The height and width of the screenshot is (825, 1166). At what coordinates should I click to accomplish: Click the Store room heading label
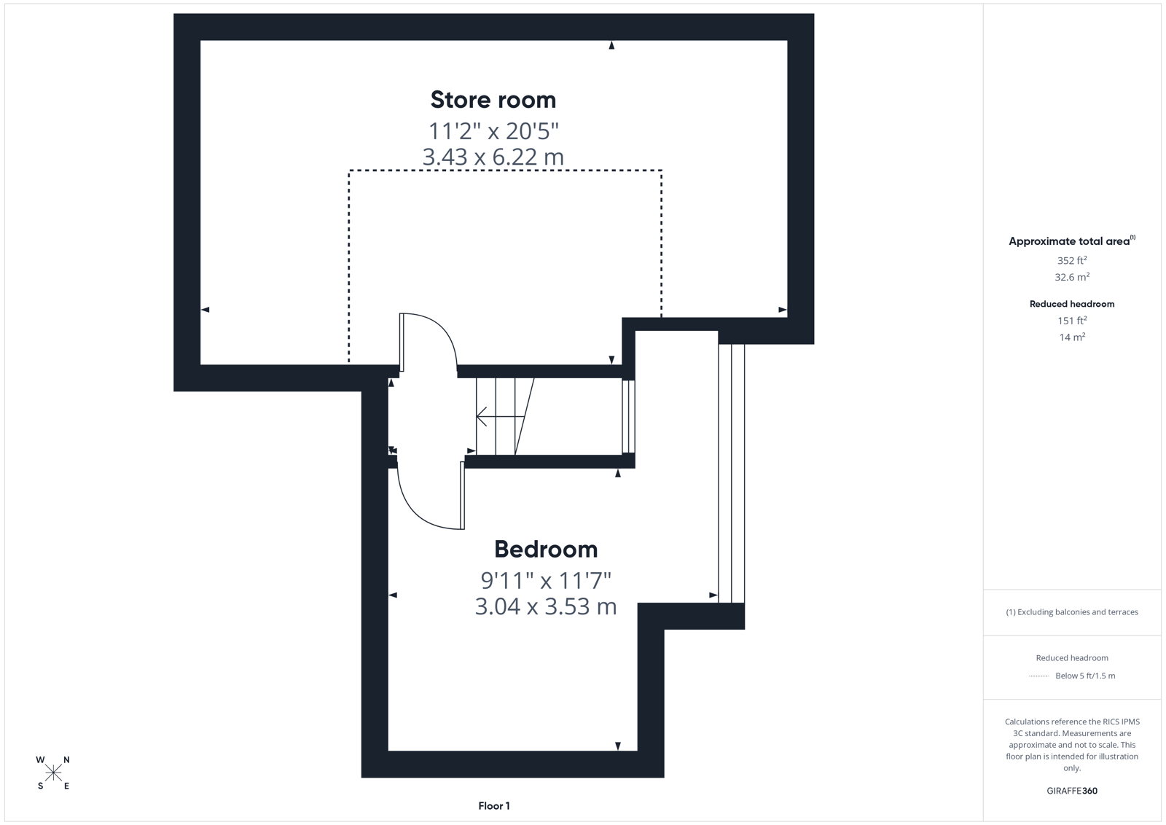click(x=493, y=99)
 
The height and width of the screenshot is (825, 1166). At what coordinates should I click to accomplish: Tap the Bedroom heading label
click(x=546, y=549)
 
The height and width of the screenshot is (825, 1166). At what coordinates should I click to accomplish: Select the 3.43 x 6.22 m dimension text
click(x=493, y=157)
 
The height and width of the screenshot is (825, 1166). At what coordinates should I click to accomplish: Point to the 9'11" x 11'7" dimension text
click(x=546, y=580)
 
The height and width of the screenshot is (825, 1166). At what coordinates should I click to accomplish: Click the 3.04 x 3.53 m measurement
click(x=546, y=606)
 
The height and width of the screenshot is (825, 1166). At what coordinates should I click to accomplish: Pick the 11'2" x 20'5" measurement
click(x=493, y=130)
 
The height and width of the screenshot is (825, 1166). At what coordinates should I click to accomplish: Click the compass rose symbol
click(x=53, y=773)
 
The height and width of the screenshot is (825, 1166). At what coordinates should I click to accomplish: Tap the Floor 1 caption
click(x=494, y=806)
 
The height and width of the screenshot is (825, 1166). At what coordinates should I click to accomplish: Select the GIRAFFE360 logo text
click(x=1072, y=791)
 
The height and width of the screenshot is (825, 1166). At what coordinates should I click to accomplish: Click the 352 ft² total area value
click(x=1072, y=259)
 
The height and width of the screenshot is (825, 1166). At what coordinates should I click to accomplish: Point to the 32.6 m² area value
click(x=1072, y=276)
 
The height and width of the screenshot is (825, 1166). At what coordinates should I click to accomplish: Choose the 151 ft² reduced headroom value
click(x=1072, y=320)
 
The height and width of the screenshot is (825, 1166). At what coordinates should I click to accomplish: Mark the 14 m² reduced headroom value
click(x=1072, y=337)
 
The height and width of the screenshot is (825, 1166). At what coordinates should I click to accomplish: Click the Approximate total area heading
click(x=1072, y=241)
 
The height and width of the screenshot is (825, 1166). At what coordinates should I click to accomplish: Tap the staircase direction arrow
click(x=500, y=416)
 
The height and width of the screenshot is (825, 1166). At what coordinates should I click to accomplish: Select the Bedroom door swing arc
click(x=422, y=507)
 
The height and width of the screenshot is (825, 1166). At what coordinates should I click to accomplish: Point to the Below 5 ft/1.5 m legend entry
click(x=1085, y=676)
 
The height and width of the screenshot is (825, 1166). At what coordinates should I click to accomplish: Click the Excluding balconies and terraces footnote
click(x=1072, y=612)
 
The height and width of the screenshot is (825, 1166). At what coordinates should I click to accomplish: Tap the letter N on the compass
click(x=66, y=759)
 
